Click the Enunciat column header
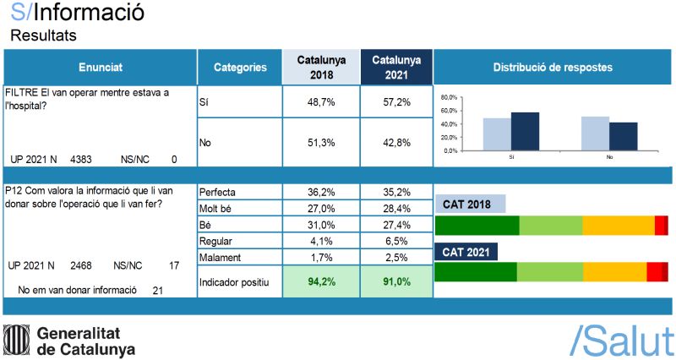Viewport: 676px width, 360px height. (100, 67)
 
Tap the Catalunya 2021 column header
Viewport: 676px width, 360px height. (397, 67)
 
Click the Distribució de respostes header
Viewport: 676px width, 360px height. (553, 67)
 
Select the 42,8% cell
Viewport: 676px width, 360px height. (397, 143)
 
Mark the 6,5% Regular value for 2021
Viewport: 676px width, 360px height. (397, 241)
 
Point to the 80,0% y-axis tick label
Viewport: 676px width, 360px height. (449, 97)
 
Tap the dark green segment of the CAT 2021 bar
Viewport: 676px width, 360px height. (475, 271)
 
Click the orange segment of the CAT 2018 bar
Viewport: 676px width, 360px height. (618, 226)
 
